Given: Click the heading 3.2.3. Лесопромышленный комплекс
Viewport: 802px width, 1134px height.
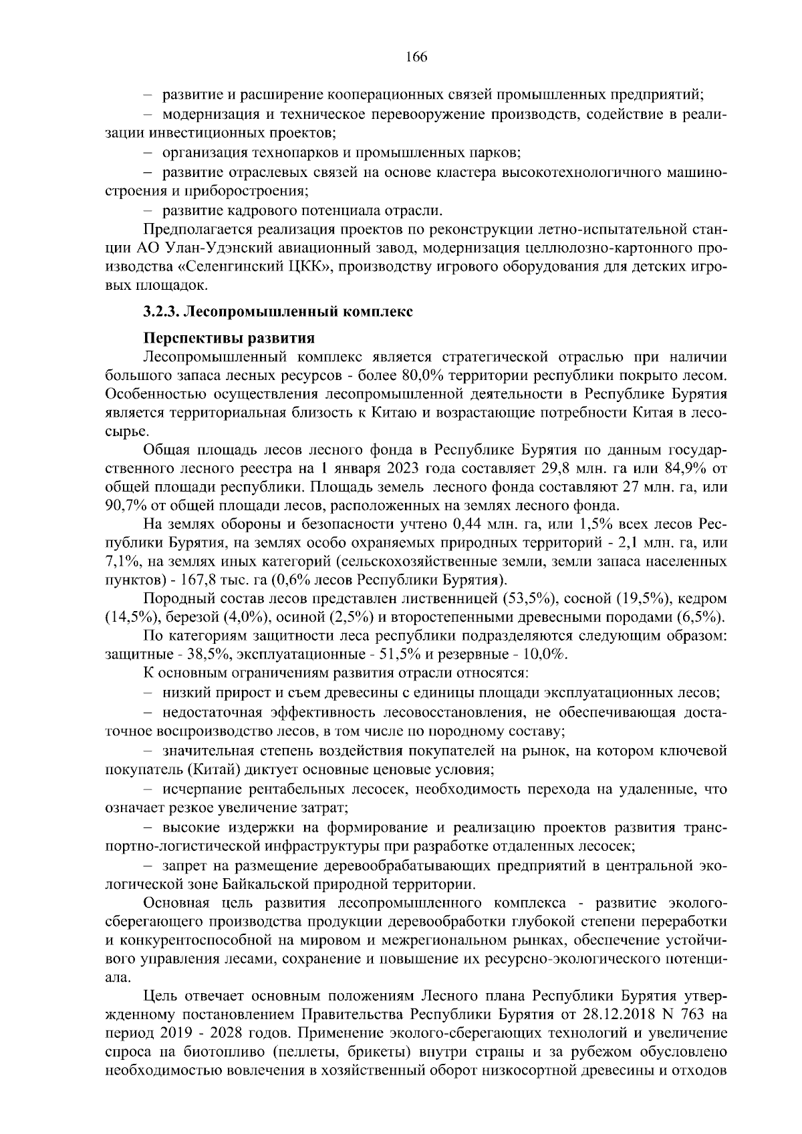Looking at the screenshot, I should click(x=278, y=311).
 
